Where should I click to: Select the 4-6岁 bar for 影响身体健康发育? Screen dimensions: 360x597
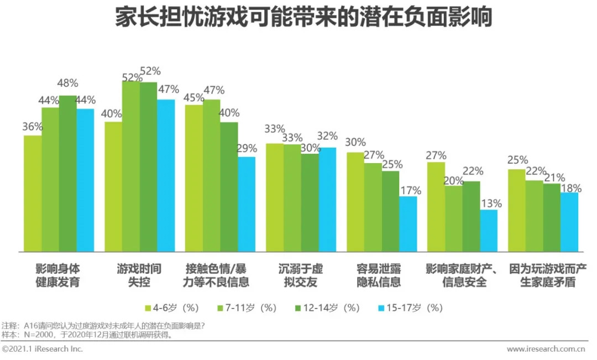pos(33,193)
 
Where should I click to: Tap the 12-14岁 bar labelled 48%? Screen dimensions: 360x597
pos(67,173)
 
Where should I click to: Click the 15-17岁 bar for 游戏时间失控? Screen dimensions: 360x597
pos(165,175)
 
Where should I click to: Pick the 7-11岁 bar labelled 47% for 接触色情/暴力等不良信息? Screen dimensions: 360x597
pos(211,175)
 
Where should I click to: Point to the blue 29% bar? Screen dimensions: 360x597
pos(247,204)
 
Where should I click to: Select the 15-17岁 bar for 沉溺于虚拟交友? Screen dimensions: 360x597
pos(327,199)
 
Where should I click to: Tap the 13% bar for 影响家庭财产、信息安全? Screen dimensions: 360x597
pos(489,231)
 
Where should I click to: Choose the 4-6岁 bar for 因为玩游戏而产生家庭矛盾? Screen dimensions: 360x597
pos(516,210)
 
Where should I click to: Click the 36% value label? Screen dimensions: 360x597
pos(33,127)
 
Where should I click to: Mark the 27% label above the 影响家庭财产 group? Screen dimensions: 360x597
pos(436,155)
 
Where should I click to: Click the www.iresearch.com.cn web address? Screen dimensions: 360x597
pos(546,349)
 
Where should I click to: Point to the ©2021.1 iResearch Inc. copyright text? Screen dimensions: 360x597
pos(43,349)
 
